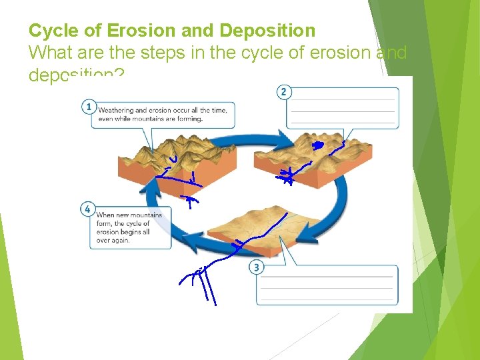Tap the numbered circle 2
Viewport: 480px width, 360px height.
point(284,92)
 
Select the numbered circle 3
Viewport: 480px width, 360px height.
point(256,267)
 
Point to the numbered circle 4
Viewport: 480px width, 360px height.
point(87,209)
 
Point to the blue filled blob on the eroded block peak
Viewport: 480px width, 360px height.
point(318,144)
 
